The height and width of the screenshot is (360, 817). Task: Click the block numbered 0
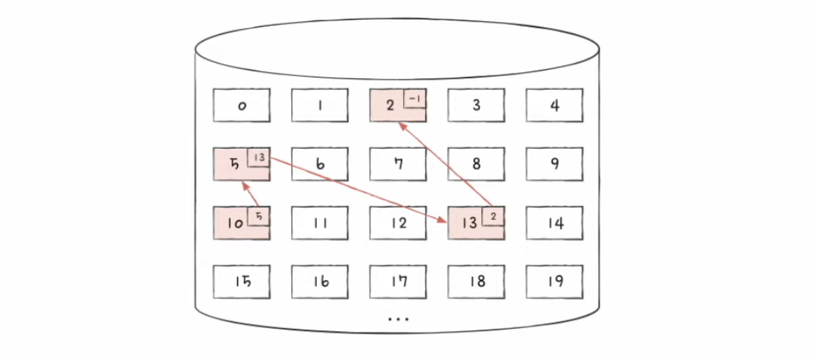pyautogui.click(x=242, y=106)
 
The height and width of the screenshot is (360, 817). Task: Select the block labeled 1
pyautogui.click(x=320, y=106)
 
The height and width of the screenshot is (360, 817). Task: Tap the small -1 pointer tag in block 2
pyautogui.click(x=415, y=99)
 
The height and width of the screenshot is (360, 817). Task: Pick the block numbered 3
pyautogui.click(x=477, y=106)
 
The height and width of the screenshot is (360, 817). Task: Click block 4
pyautogui.click(x=555, y=106)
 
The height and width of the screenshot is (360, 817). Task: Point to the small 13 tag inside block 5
pyautogui.click(x=259, y=157)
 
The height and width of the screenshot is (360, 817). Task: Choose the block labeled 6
pyautogui.click(x=320, y=164)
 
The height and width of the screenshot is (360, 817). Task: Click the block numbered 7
pyautogui.click(x=398, y=164)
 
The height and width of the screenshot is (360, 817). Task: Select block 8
pyautogui.click(x=477, y=164)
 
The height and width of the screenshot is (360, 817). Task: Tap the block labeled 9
pyautogui.click(x=555, y=164)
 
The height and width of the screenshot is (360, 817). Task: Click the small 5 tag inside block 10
pyautogui.click(x=259, y=216)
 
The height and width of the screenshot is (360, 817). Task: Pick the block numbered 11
pyautogui.click(x=320, y=223)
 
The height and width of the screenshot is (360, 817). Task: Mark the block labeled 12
pyautogui.click(x=398, y=223)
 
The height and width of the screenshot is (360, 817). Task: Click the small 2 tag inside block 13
pyautogui.click(x=494, y=216)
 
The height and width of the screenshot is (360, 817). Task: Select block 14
pyautogui.click(x=555, y=223)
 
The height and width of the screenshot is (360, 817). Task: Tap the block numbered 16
pyautogui.click(x=320, y=282)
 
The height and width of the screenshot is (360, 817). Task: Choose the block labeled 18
pyautogui.click(x=477, y=282)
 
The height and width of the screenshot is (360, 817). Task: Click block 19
pyautogui.click(x=555, y=282)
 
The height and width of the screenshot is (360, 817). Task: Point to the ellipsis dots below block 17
pyautogui.click(x=398, y=319)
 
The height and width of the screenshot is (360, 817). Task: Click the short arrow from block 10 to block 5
pyautogui.click(x=252, y=196)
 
